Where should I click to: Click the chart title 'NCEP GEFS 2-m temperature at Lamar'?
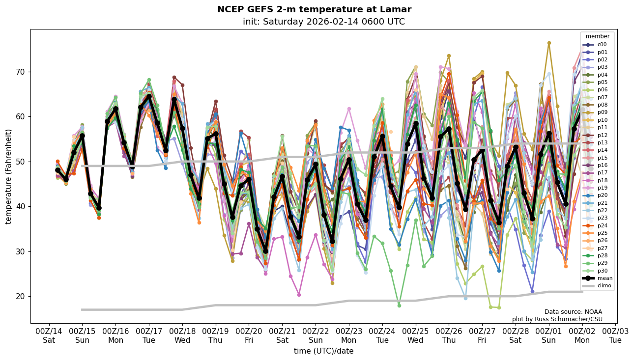click(x=314, y=9)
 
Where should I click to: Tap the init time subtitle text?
click(x=323, y=22)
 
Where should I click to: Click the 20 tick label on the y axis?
click(x=21, y=296)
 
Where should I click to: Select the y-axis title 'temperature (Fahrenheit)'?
click(x=9, y=176)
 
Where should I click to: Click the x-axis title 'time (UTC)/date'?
click(x=323, y=351)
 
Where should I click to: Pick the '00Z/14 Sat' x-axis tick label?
click(x=49, y=335)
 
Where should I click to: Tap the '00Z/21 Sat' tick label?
click(x=282, y=335)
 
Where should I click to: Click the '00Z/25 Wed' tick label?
click(x=415, y=335)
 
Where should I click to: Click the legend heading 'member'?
click(x=597, y=36)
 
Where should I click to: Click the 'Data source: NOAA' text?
click(x=573, y=312)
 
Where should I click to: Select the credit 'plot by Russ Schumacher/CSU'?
click(x=557, y=319)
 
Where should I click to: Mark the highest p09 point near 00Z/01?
click(x=549, y=43)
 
